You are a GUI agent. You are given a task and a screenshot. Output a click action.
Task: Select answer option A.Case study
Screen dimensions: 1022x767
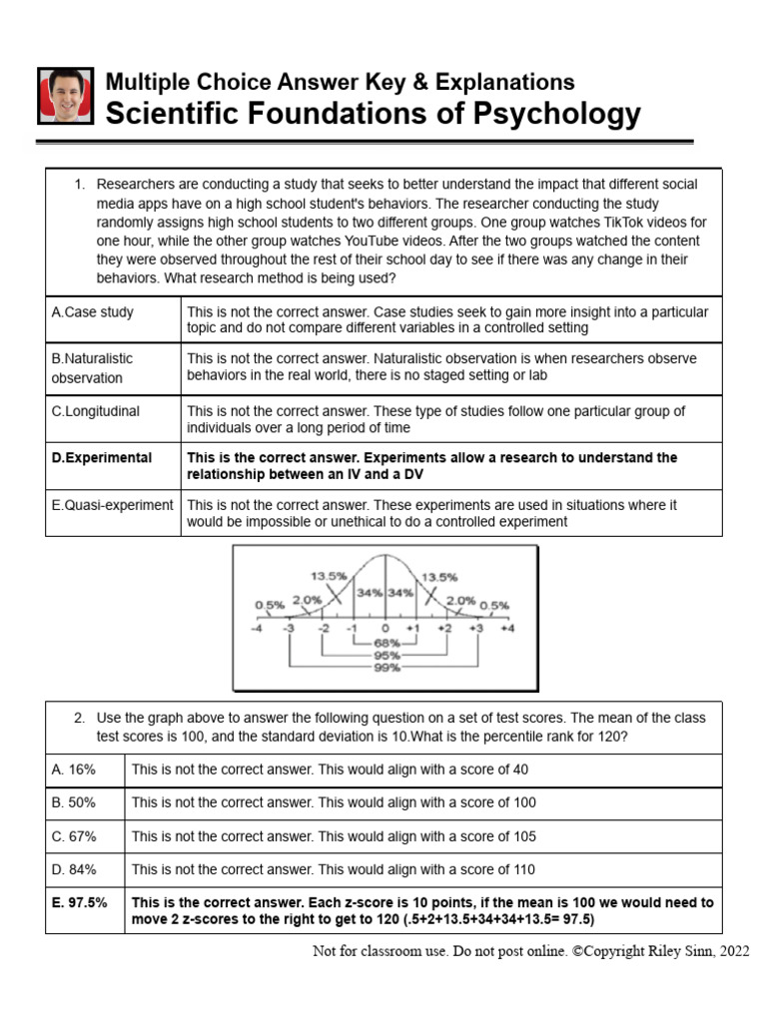pos(92,311)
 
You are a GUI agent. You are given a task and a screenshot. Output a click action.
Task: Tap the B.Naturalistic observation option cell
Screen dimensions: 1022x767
pos(92,367)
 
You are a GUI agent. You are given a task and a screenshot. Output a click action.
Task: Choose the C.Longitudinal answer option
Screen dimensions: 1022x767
pos(96,410)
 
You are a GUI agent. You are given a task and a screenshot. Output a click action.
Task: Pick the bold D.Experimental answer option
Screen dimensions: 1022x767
pos(102,457)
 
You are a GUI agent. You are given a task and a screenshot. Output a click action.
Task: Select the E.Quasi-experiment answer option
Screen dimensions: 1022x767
pos(112,505)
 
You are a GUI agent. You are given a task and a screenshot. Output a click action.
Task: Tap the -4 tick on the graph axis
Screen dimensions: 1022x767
pos(258,630)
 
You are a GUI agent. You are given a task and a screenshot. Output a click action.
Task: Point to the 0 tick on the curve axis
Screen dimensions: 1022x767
pos(384,630)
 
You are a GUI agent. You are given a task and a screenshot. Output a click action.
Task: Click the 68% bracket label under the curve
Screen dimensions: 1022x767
pos(385,643)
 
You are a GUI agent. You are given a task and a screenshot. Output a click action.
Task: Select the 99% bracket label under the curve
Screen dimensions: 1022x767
pos(385,667)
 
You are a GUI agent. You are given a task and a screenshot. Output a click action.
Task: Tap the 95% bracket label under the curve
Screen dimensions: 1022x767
pos(385,655)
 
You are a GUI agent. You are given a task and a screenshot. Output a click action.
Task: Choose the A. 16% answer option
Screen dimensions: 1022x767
pos(74,770)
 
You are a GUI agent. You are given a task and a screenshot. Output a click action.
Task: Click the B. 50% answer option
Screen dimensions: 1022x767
pos(74,802)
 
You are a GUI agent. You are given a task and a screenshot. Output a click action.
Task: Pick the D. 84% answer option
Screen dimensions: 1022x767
pos(74,869)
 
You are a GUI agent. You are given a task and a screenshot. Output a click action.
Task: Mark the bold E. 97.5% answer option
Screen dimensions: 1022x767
pos(80,902)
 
